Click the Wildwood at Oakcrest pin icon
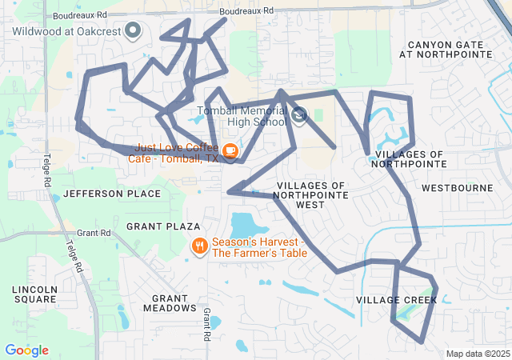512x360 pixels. (134, 31)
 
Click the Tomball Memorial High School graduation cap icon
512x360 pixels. (299, 116)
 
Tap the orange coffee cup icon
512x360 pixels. (230, 150)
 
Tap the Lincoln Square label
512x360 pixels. (34, 294)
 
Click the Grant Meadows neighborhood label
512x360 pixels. (169, 302)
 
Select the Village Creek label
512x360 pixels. (396, 300)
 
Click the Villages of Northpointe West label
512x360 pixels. (311, 194)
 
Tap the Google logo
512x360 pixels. (26, 350)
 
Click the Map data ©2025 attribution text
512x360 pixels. (477, 354)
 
